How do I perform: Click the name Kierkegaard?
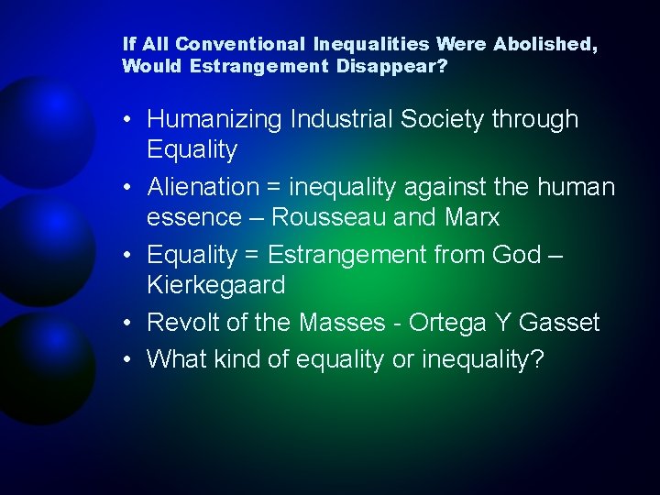click(x=216, y=286)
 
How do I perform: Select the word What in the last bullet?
click(x=176, y=359)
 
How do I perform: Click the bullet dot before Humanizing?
click(x=127, y=120)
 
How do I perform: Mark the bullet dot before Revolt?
click(x=127, y=324)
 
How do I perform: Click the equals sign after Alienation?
click(x=274, y=188)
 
